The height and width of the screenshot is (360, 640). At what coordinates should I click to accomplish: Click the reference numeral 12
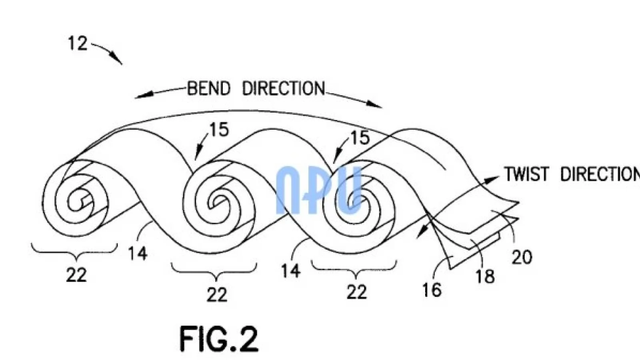[77, 43]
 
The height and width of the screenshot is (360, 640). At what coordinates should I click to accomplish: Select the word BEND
[209, 88]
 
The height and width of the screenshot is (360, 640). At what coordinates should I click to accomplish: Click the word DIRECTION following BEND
[284, 88]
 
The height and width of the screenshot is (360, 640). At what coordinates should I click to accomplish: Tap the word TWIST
[526, 174]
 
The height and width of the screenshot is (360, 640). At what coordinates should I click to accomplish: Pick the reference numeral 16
[432, 290]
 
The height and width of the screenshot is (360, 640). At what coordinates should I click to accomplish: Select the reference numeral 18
[485, 276]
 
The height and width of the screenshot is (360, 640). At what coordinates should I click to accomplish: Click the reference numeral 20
[522, 257]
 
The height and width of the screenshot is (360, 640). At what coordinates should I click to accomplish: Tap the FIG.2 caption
[219, 339]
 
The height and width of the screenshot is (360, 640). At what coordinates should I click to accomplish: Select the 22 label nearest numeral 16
[356, 292]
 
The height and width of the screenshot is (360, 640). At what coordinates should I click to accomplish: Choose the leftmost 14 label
[137, 253]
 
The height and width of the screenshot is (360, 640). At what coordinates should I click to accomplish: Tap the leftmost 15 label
[219, 130]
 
